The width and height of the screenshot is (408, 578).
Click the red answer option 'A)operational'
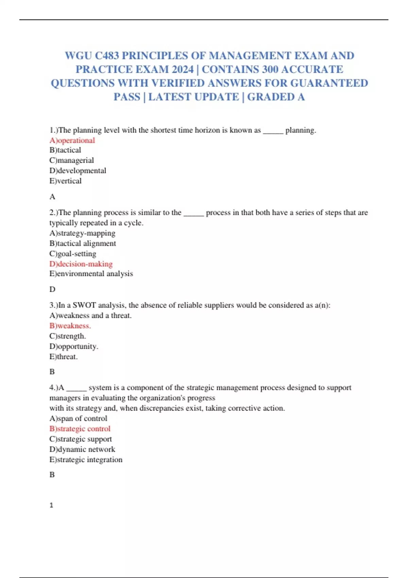point(72,140)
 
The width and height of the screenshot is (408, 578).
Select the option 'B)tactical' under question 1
point(65,150)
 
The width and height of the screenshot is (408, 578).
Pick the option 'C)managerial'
point(71,160)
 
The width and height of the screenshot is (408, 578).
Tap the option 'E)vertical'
point(66,181)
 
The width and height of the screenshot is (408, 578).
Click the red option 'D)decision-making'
point(81,264)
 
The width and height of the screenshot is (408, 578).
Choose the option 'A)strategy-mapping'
point(82,233)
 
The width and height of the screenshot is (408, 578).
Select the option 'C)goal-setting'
point(73,254)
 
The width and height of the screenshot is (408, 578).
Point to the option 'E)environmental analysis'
point(91,274)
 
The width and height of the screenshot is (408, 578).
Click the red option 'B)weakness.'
point(70,326)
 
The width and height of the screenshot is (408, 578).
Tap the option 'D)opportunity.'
point(74,346)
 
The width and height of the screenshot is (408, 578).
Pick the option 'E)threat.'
point(64,357)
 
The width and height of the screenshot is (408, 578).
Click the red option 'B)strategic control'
point(80,429)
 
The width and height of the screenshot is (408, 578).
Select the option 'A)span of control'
point(78,419)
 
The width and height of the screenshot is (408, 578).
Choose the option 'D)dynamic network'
point(82,449)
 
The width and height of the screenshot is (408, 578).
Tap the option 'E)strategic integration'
point(86,460)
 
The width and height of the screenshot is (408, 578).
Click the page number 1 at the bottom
point(51,505)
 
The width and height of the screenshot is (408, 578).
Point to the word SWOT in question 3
point(84,305)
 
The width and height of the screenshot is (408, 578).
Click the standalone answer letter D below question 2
point(52,289)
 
